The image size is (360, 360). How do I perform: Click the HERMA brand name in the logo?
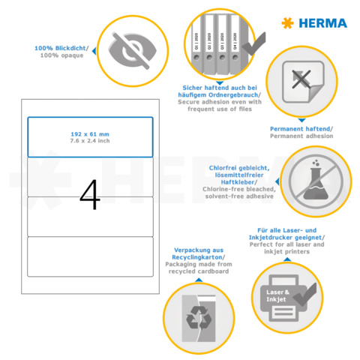tap(324, 22)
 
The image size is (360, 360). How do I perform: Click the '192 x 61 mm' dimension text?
tap(90, 133)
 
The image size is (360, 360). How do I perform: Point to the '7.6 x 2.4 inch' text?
tap(90, 140)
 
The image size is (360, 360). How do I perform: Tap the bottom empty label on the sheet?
tap(90, 255)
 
